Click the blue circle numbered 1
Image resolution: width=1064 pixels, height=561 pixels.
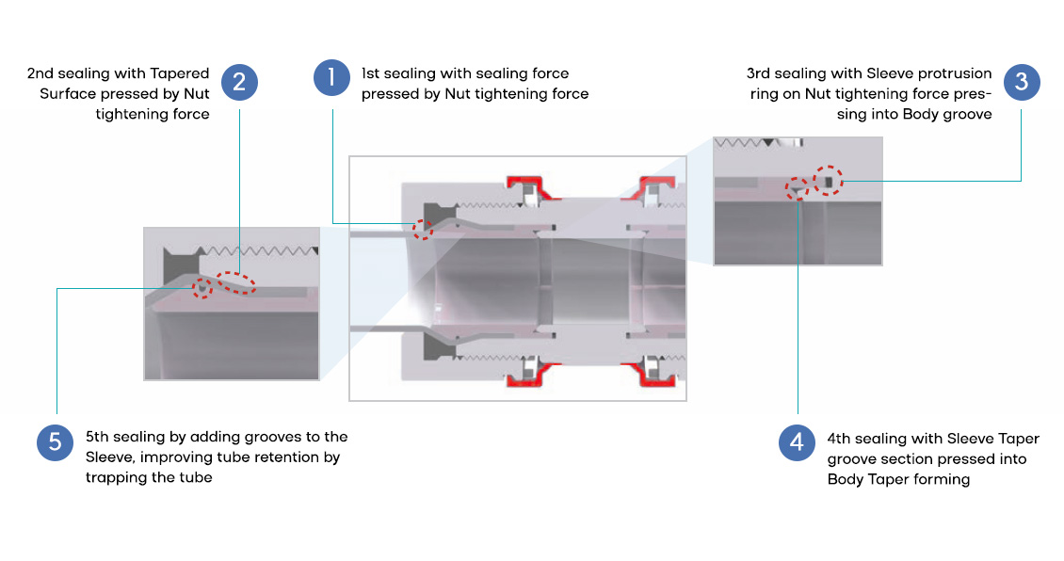click(x=331, y=77)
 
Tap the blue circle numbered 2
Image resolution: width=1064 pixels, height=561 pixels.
click(x=239, y=82)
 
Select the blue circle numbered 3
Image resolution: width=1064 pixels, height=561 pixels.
click(x=1022, y=82)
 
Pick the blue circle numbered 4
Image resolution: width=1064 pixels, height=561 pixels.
click(x=798, y=442)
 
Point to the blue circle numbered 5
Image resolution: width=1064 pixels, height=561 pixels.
click(x=56, y=442)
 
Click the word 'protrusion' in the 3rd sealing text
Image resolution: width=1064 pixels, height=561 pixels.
click(x=958, y=73)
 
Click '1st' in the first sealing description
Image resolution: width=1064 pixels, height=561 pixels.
click(x=371, y=73)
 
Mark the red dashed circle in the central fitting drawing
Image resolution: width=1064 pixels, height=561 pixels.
click(x=423, y=228)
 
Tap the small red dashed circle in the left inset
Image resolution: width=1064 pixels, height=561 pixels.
click(x=202, y=288)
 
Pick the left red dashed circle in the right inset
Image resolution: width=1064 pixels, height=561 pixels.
click(x=798, y=188)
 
